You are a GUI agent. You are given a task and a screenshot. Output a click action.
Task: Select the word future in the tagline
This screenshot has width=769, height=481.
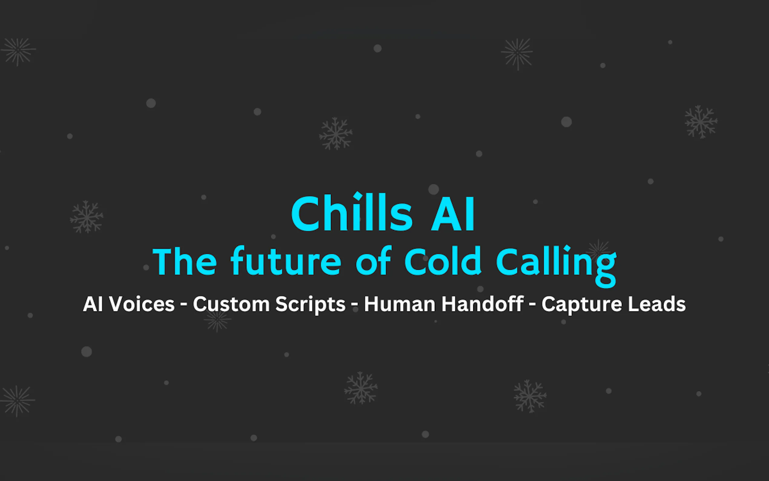click(x=286, y=260)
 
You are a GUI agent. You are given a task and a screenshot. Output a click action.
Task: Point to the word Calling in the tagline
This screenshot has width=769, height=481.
click(x=556, y=266)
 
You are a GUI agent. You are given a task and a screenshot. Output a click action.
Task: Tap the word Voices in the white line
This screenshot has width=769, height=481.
click(x=142, y=304)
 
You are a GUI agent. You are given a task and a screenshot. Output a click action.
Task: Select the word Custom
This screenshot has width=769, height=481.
click(x=231, y=304)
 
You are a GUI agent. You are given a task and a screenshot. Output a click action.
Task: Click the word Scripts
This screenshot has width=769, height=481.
click(x=310, y=305)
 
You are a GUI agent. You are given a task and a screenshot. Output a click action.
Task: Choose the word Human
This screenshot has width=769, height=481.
click(x=400, y=304)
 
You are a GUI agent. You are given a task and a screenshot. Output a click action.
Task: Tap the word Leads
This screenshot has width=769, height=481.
click(x=657, y=304)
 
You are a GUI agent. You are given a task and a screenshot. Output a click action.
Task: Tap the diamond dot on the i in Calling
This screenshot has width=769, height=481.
click(x=567, y=249)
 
